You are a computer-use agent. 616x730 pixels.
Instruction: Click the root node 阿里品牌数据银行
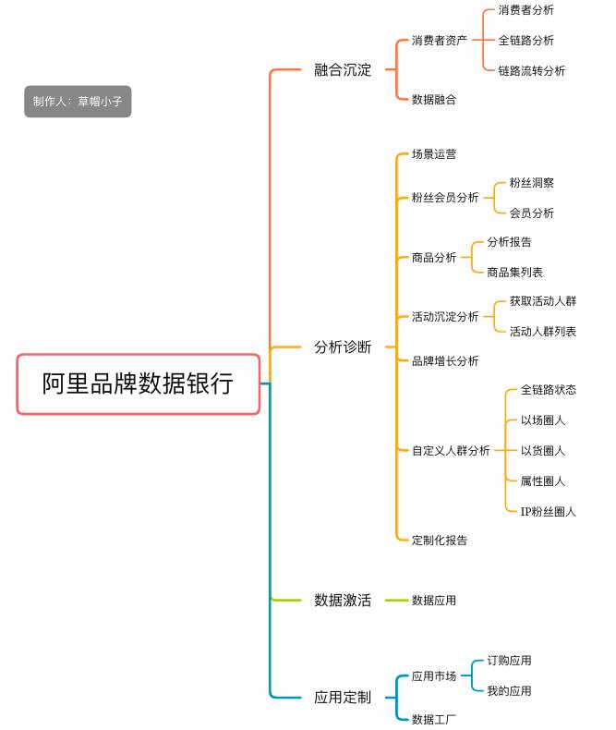[139, 383]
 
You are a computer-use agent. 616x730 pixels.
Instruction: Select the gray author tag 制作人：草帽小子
[78, 102]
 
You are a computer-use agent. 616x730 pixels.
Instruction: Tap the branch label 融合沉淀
[342, 69]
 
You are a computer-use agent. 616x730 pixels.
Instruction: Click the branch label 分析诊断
[342, 347]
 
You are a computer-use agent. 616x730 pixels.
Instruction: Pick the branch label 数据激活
[342, 600]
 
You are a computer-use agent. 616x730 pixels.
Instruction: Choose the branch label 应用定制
[342, 697]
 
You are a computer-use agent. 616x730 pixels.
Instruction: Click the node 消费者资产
[440, 41]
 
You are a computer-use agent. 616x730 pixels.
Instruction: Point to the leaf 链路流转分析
[531, 70]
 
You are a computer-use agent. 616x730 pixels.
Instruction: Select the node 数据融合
[433, 99]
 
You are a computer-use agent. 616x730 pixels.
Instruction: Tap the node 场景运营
[433, 154]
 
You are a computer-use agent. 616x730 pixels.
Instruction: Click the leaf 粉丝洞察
[531, 183]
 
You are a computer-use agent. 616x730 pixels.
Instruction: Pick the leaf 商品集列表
[514, 272]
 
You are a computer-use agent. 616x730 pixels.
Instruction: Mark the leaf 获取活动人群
[542, 301]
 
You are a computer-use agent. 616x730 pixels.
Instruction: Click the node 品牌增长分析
[444, 360]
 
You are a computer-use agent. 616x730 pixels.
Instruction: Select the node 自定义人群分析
[451, 451]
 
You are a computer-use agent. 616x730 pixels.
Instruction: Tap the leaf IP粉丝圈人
[548, 511]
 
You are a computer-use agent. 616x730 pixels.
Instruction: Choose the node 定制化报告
[439, 540]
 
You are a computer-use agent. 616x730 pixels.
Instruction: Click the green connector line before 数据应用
[396, 600]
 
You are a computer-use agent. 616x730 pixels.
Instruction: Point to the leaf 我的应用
[509, 690]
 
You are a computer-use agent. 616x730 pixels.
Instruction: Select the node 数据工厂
[433, 719]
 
